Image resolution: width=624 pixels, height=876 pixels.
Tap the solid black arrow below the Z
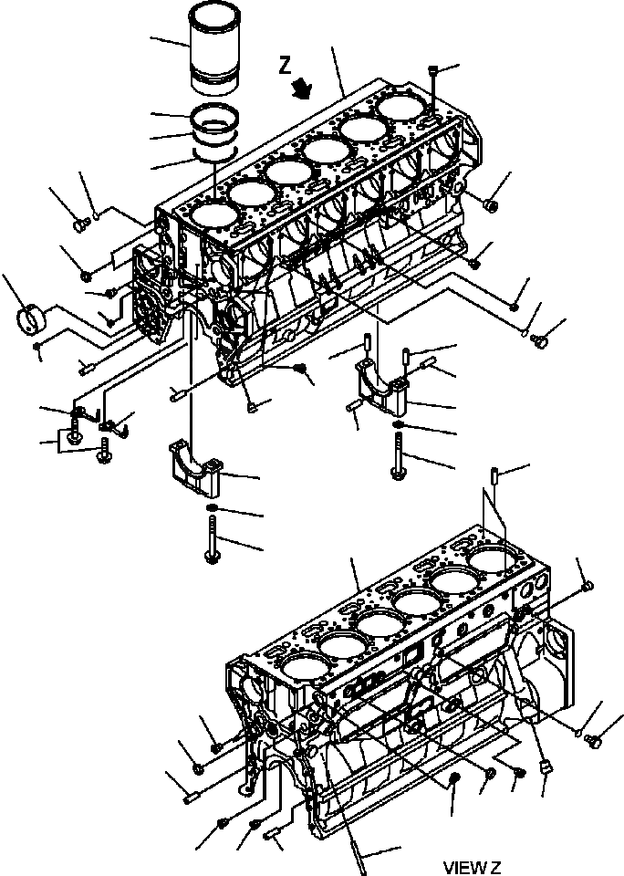(x=302, y=88)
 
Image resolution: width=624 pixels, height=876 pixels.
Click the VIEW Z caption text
(x=473, y=866)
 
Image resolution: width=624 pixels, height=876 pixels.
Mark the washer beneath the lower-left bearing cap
(x=211, y=507)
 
